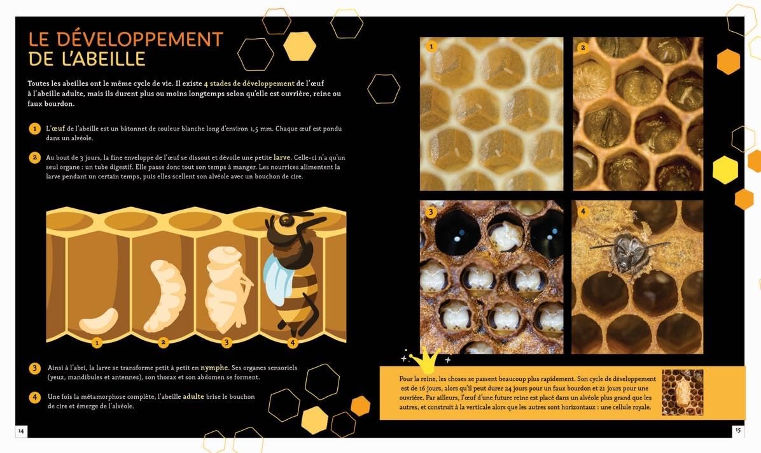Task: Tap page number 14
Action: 21,431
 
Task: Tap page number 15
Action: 738,430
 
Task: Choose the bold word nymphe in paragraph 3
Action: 214,368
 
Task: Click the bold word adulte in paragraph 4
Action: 193,396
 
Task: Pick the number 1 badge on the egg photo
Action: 431,47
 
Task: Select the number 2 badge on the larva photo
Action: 583,47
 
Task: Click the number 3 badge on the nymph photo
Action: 431,212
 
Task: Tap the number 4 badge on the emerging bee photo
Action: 583,212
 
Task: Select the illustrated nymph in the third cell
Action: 224,287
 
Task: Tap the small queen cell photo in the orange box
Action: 682,392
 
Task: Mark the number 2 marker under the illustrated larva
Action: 164,343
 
